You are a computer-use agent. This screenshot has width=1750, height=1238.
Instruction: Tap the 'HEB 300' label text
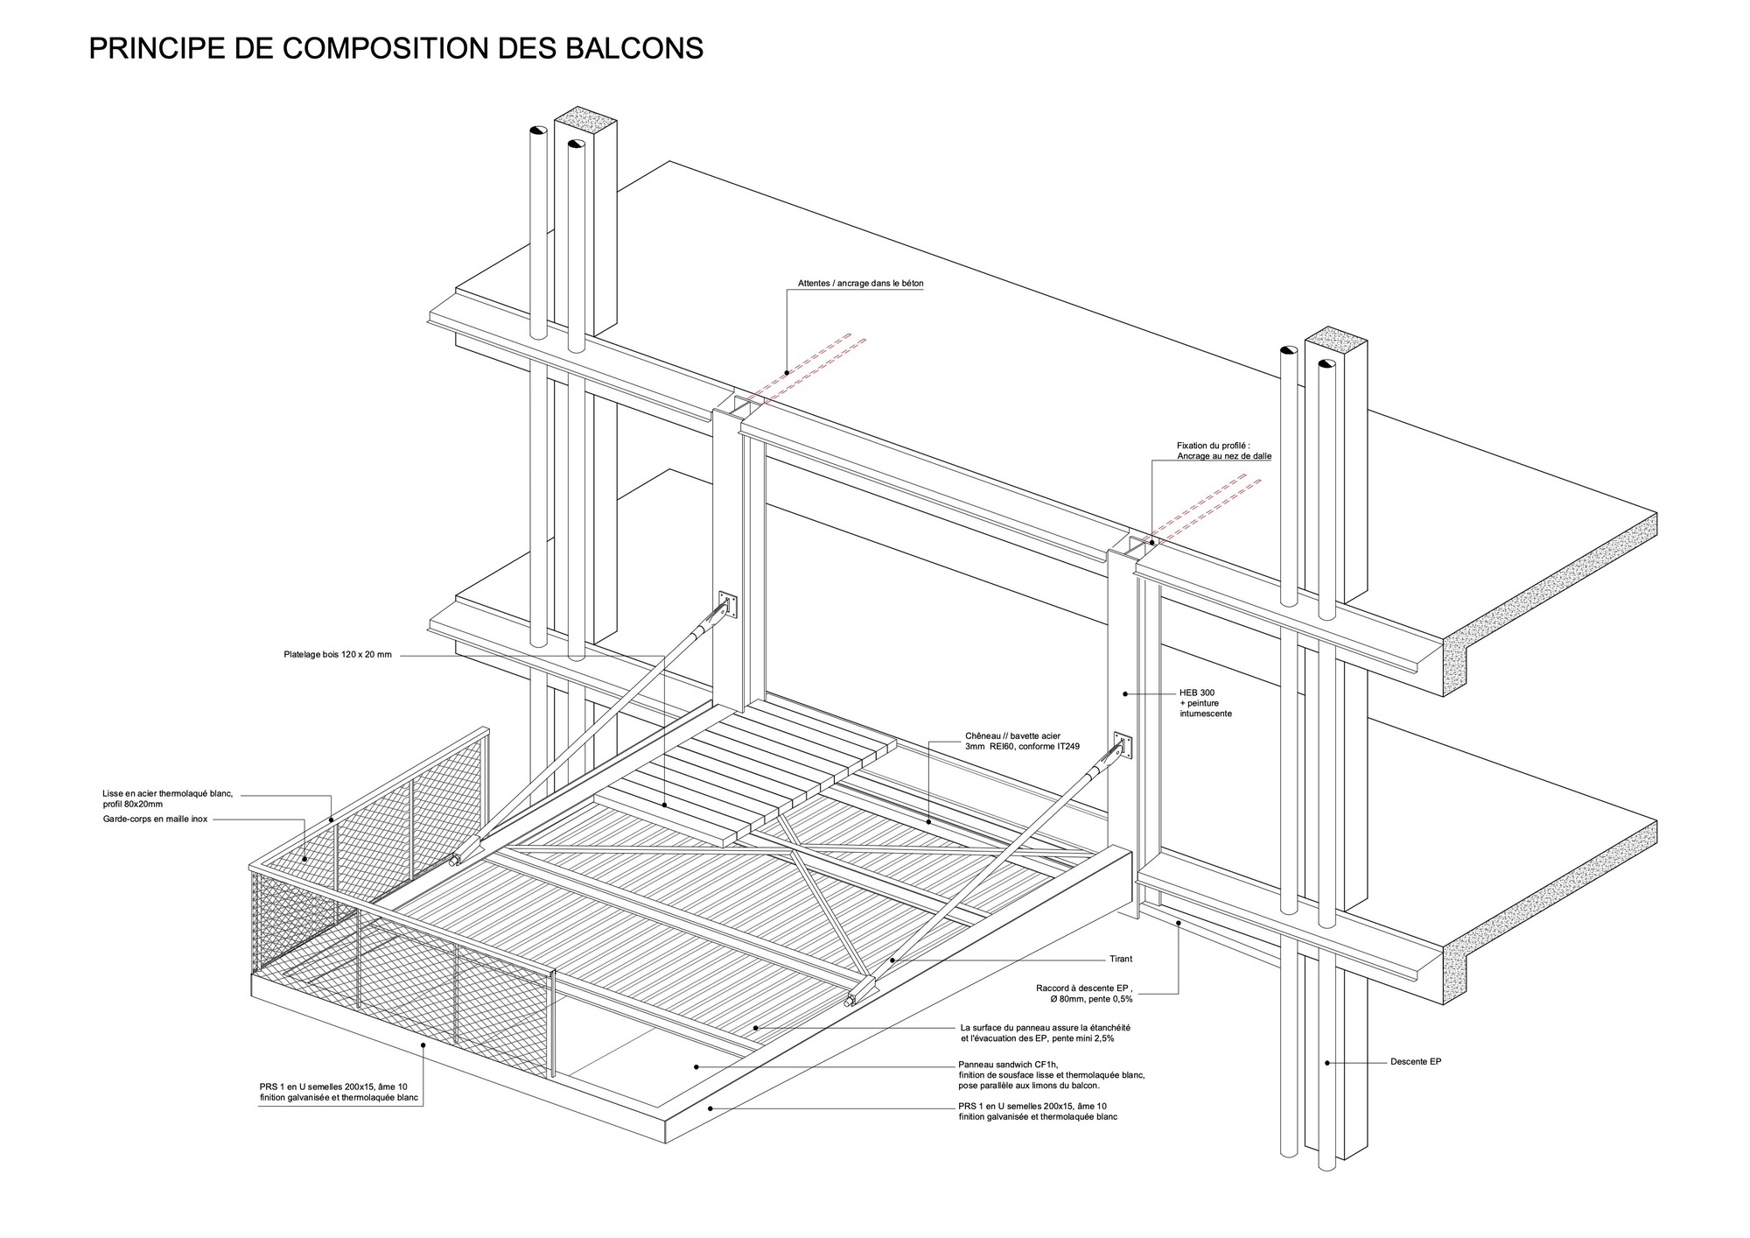[1196, 693]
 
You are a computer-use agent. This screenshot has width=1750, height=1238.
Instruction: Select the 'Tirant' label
[1121, 960]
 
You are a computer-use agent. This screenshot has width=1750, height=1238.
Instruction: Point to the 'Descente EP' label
[1415, 1062]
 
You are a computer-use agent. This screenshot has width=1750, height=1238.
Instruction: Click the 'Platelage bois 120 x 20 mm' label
[338, 655]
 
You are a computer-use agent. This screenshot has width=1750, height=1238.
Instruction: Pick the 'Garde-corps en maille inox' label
[155, 819]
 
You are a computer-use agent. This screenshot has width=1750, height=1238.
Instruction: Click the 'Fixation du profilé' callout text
[1213, 446]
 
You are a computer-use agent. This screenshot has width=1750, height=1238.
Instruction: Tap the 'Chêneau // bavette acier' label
[1012, 736]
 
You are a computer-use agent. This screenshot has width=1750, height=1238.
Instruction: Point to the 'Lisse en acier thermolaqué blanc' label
[167, 793]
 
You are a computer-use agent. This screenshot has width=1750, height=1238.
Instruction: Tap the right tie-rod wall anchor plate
[1123, 744]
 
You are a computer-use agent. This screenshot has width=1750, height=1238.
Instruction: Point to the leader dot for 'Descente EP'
[1327, 1063]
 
